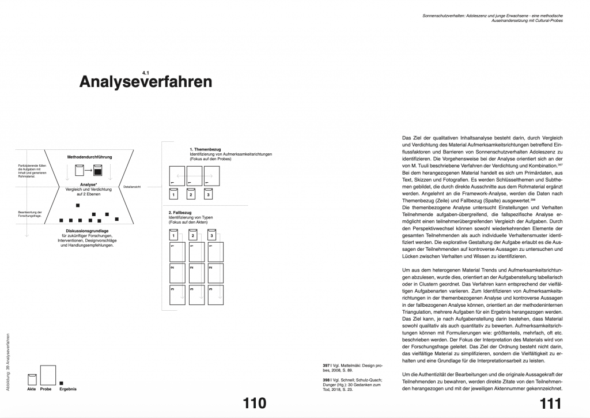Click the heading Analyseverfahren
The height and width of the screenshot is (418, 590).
click(145, 81)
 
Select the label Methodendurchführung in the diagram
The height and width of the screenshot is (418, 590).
click(89, 157)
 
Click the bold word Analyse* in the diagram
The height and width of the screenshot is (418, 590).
click(88, 185)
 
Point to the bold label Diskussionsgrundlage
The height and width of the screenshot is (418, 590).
click(89, 231)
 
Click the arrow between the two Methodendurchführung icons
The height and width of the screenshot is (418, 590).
click(88, 171)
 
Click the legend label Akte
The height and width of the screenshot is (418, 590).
click(32, 389)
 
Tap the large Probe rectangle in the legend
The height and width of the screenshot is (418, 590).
click(47, 374)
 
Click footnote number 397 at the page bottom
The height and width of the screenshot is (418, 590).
click(326, 365)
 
